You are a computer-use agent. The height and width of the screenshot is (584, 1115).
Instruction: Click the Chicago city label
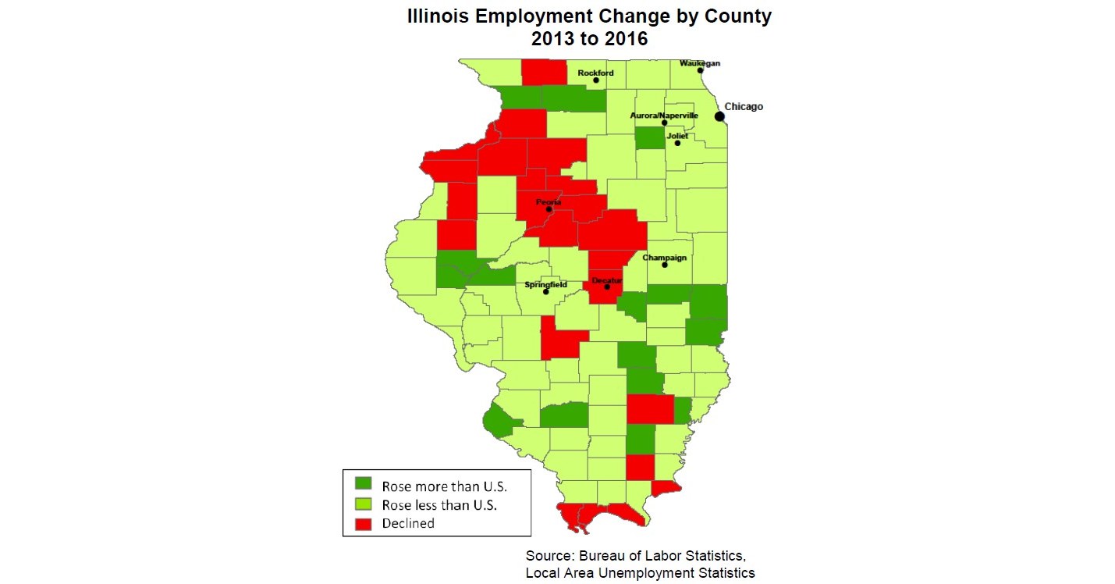pos(743,106)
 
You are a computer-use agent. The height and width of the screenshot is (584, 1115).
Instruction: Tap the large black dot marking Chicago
pos(719,116)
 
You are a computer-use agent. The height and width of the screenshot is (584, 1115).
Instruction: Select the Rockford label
pos(595,73)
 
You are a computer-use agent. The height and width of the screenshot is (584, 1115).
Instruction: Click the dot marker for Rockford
pos(596,80)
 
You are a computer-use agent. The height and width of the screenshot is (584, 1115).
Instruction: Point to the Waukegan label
pos(700,62)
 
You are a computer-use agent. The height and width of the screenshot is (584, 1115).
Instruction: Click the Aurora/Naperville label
pos(664,115)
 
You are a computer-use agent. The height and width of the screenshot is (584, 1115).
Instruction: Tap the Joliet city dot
pos(677,143)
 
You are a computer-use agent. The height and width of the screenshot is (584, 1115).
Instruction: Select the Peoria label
pos(549,202)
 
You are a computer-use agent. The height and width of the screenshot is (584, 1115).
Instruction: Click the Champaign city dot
pos(665,265)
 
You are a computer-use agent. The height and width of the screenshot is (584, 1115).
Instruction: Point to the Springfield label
pos(545,284)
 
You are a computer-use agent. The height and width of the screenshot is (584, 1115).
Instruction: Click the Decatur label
pos(606,279)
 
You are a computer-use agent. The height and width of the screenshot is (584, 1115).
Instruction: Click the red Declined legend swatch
pos(363,523)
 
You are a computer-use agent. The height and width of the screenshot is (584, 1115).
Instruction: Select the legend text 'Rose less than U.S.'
pos(439,505)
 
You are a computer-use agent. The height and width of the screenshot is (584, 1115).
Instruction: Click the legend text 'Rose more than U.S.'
pos(444,486)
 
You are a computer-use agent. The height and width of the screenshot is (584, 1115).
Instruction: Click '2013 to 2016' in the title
pos(589,38)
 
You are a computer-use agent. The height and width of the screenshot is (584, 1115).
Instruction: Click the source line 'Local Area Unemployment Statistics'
pos(640,573)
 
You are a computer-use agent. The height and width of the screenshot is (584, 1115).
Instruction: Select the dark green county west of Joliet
pos(649,138)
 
